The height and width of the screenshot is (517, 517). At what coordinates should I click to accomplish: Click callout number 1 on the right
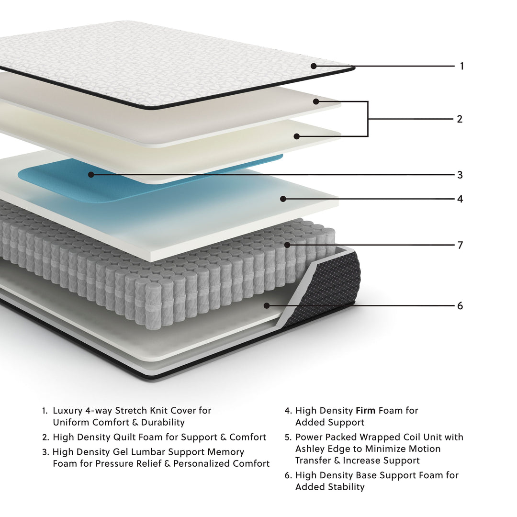[x=461, y=66]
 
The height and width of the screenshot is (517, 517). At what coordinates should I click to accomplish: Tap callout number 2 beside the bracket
[x=460, y=119]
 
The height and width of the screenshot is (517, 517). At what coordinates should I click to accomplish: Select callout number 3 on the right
[x=460, y=175]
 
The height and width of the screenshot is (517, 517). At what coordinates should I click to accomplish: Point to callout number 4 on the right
[x=460, y=199]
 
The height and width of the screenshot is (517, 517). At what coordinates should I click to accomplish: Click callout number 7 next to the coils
[x=460, y=245]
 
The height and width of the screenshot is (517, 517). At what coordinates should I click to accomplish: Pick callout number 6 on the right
[x=460, y=305]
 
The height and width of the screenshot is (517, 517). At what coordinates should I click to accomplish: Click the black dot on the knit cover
[x=314, y=66]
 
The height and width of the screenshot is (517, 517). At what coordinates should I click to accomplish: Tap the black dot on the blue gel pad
[x=91, y=175]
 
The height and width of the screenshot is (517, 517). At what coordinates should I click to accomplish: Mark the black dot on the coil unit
[x=287, y=245]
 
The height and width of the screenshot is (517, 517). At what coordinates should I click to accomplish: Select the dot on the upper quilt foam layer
[x=316, y=101]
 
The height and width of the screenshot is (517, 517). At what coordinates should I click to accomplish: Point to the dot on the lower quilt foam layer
[x=297, y=136]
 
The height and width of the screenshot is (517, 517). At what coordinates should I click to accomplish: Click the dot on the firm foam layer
[x=283, y=199]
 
